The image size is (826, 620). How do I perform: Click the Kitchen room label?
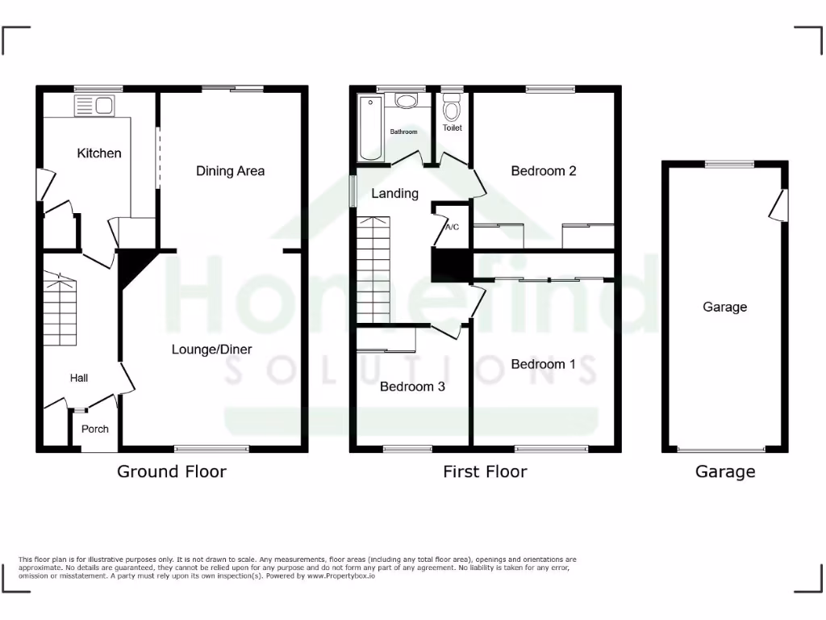99,153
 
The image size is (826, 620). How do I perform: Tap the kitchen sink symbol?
94,105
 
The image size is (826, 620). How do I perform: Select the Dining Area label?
230,170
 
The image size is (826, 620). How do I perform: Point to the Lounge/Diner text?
211,350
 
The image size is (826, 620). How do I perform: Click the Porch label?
95,429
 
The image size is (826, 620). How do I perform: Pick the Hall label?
78,378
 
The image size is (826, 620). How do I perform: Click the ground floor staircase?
60,311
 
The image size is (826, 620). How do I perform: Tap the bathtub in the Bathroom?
372,127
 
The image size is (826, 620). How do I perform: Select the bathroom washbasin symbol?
406,102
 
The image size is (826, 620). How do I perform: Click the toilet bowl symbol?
452,108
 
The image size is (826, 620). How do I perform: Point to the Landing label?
394,194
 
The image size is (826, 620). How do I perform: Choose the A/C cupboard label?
452,227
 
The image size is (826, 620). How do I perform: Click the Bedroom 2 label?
544,170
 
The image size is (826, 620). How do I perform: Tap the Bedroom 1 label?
544,364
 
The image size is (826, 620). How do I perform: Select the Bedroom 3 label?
412,387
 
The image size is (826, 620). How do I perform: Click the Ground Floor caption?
172,471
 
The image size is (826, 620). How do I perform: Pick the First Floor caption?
485,471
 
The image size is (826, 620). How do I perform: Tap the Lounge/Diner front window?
213,449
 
